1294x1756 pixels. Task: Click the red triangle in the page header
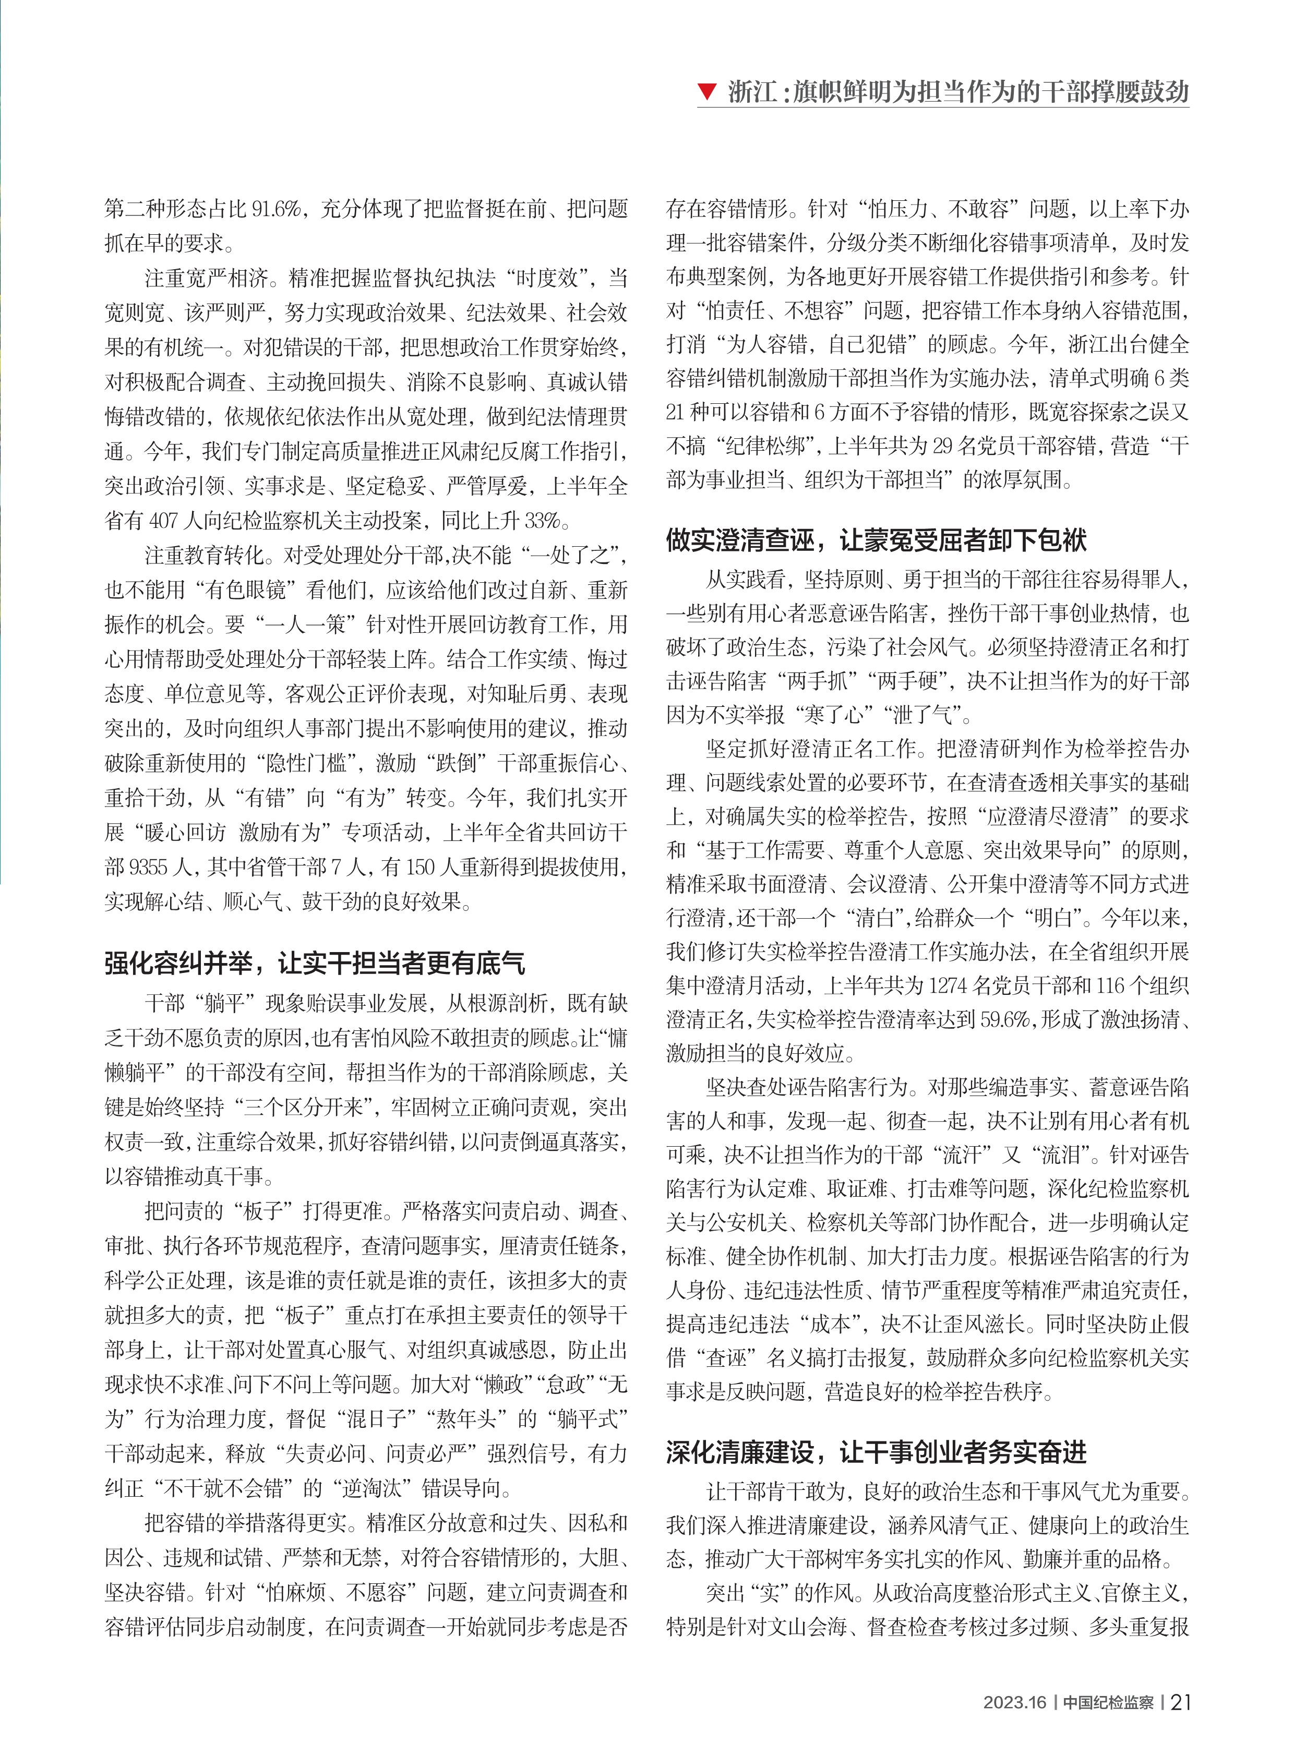[708, 92]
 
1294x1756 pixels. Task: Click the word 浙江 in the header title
[752, 92]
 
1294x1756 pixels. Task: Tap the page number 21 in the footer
[1180, 1701]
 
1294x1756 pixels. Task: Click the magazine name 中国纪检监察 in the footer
[1108, 1702]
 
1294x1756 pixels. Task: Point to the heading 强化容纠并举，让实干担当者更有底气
[315, 963]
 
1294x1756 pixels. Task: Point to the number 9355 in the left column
[148, 867]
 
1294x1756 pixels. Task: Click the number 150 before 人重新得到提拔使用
[420, 867]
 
